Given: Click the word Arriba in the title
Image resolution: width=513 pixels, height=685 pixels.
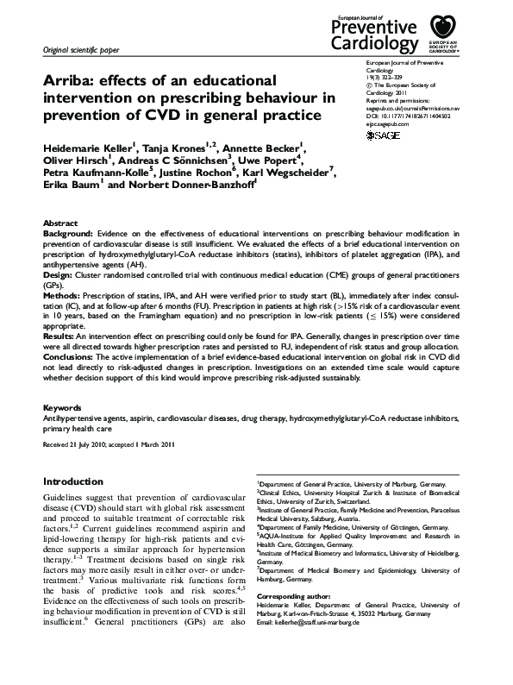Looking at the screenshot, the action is coord(71,81).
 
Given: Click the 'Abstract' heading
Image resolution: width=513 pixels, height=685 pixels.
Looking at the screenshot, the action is coord(60,223).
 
